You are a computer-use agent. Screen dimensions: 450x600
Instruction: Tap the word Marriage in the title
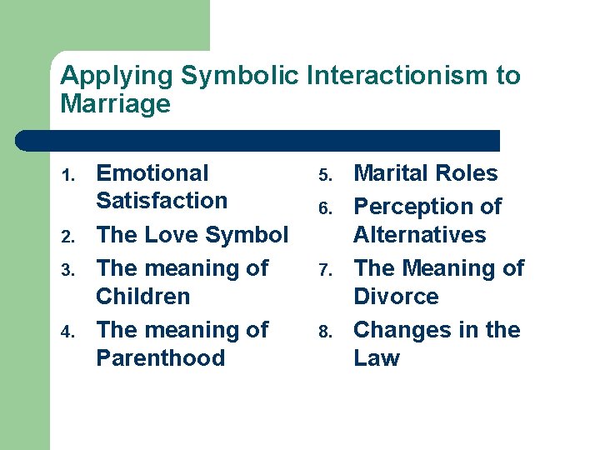[115, 104]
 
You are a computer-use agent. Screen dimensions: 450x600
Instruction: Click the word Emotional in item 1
[152, 173]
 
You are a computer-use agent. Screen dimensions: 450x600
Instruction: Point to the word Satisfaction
[162, 201]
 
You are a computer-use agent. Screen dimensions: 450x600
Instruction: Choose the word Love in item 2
[172, 235]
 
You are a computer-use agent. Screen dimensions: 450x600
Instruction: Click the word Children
[143, 297]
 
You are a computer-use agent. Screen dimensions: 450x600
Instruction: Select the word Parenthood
[161, 358]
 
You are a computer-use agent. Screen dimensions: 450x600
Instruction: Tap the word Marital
[389, 173]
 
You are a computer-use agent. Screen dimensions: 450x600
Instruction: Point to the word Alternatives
[419, 234]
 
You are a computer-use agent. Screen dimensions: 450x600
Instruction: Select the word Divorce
[396, 297]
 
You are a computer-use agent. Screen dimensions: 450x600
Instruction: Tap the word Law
[377, 358]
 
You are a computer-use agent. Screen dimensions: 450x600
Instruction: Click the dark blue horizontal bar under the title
[258, 140]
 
